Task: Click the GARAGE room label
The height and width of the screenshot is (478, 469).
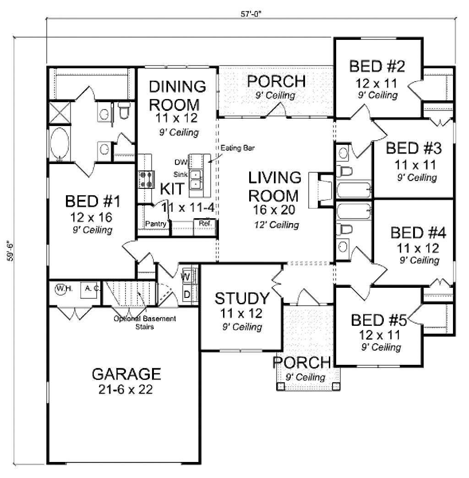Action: tap(126, 374)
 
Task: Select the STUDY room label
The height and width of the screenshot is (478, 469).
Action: tap(242, 298)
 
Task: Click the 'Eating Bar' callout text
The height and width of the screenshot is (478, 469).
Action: tap(237, 148)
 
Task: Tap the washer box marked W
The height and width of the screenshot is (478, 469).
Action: tap(186, 276)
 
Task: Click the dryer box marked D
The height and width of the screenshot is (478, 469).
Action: tap(187, 293)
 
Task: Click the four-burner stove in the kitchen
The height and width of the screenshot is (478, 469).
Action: tap(146, 179)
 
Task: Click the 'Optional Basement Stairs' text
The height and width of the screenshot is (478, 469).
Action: tap(145, 323)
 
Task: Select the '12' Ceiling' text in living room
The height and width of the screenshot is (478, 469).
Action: tap(276, 225)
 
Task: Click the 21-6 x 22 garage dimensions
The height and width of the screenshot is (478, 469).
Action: tap(126, 390)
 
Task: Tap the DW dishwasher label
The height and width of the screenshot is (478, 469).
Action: tap(180, 162)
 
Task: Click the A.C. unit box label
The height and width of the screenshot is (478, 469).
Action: tap(88, 289)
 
